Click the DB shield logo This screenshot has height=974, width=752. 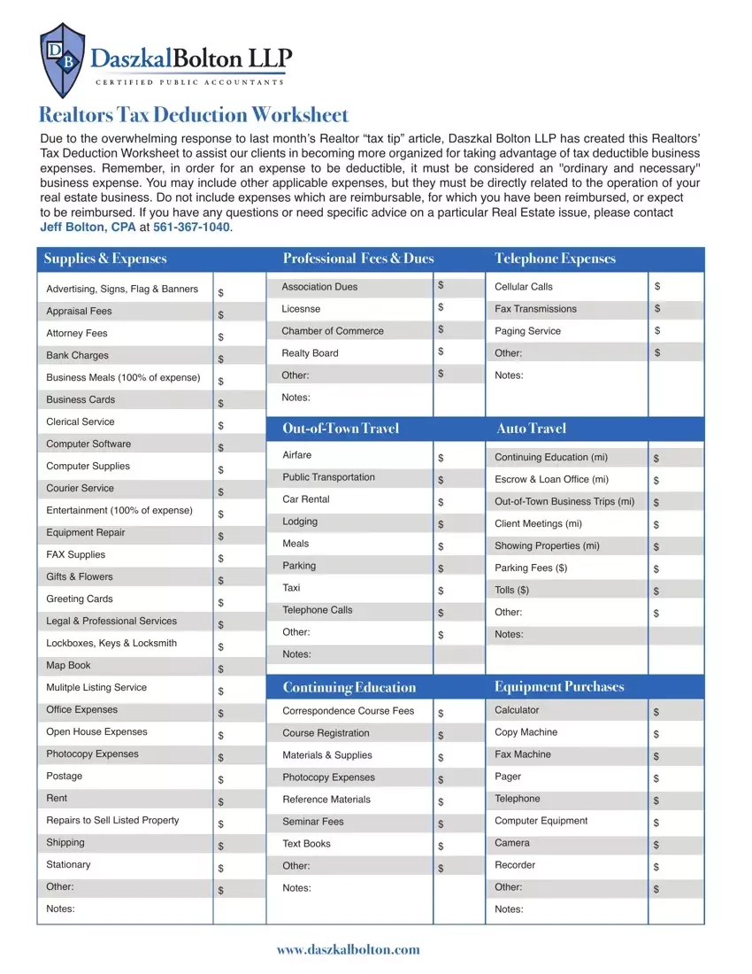(63, 60)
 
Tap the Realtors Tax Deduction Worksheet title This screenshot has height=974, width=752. (194, 115)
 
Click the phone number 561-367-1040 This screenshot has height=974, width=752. (191, 228)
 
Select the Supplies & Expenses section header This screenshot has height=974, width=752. (105, 259)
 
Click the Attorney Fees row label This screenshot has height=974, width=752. (77, 333)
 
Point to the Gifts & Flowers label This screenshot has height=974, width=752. (80, 576)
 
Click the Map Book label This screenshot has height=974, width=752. (68, 665)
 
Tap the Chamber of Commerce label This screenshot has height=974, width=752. (333, 330)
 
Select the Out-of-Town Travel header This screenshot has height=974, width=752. (341, 429)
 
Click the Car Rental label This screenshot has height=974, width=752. (306, 499)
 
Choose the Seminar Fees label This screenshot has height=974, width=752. (313, 822)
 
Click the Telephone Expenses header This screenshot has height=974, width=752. (555, 259)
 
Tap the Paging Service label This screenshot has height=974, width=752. (527, 330)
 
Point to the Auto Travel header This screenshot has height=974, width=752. (531, 429)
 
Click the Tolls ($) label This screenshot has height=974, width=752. (512, 591)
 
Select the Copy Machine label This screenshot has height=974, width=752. (526, 732)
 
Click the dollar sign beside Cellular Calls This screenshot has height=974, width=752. (657, 286)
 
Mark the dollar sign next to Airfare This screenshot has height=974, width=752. (441, 459)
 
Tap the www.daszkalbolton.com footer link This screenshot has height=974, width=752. (348, 949)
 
